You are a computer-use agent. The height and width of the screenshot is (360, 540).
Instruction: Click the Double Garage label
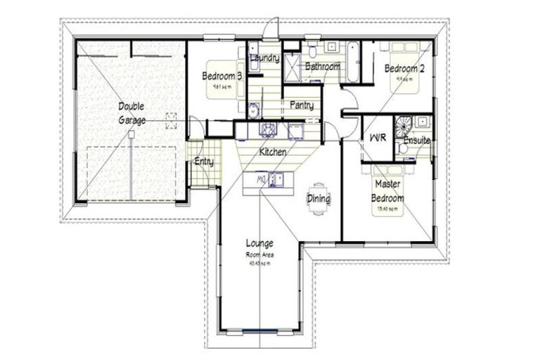tap(131, 113)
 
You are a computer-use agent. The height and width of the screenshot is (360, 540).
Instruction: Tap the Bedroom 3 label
tap(223, 76)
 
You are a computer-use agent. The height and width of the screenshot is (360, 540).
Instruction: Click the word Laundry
tap(265, 58)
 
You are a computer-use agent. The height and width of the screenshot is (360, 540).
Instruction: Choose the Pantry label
tap(302, 105)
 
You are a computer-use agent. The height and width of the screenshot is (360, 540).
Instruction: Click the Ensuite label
tap(416, 141)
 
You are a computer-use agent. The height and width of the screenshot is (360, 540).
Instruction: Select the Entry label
tap(204, 162)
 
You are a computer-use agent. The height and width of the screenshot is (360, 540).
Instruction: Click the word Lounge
tap(259, 244)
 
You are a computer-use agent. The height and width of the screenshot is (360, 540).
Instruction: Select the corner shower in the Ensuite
tap(405, 124)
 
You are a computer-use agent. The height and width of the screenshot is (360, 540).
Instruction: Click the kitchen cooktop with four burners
tap(267, 129)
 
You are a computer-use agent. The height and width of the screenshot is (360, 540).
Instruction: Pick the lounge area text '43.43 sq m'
tap(259, 263)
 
